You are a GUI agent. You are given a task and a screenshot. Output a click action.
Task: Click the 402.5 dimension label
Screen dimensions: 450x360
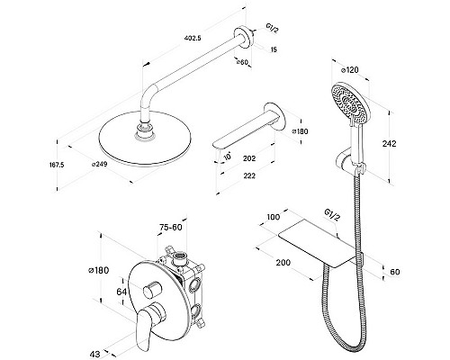(x=193, y=38)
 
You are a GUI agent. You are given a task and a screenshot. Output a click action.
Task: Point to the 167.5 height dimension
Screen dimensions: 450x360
(x=57, y=165)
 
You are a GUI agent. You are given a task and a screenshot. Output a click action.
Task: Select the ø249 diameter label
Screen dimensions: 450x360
(x=100, y=164)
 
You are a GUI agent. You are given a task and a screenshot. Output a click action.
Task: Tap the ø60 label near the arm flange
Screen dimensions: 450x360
(x=242, y=62)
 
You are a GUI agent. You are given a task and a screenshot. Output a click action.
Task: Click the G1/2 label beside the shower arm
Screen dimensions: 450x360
(x=273, y=29)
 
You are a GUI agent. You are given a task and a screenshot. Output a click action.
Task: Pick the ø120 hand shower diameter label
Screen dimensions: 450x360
(x=350, y=70)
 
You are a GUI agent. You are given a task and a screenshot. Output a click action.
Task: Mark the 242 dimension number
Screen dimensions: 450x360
(x=389, y=144)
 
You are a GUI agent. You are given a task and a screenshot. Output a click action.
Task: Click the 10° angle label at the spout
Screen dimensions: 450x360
(x=228, y=156)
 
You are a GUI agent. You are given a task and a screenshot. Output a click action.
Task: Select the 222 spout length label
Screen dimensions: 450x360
(x=249, y=175)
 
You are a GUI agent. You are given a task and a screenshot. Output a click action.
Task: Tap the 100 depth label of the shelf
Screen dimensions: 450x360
(x=273, y=217)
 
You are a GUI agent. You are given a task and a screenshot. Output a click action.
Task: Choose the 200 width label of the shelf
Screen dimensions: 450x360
(x=283, y=263)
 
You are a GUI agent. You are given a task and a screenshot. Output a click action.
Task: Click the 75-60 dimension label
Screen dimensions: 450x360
(x=171, y=228)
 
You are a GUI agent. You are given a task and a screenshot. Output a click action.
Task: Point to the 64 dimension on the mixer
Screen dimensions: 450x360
(x=121, y=292)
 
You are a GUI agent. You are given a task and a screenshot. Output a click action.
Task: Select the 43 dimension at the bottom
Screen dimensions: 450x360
(x=95, y=355)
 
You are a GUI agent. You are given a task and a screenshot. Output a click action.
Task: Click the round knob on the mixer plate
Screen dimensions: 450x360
(x=152, y=290)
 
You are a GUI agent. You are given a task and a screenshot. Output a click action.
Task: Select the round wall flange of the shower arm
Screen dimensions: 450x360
(x=244, y=37)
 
